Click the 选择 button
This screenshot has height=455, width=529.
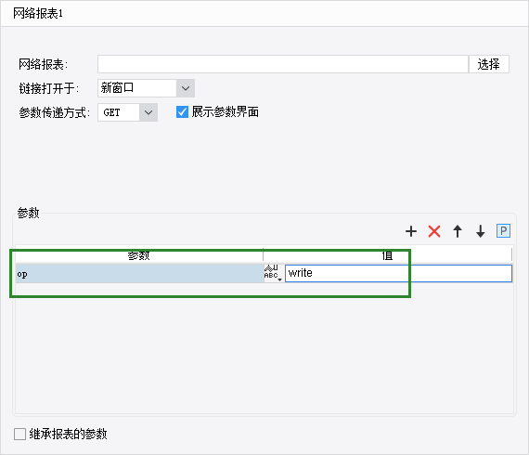[488, 64]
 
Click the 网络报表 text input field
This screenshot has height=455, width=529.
[283, 64]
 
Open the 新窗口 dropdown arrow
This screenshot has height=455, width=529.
[186, 88]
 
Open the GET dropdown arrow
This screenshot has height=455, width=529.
[148, 112]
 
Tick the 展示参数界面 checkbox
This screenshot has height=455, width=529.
[182, 111]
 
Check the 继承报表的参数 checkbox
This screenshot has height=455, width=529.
[19, 434]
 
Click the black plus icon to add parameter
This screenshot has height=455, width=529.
[411, 231]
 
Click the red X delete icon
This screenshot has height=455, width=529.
[434, 231]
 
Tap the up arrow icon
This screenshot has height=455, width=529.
[458, 231]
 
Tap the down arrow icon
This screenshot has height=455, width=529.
[481, 231]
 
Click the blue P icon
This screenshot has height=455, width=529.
[503, 231]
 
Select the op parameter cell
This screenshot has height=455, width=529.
[139, 273]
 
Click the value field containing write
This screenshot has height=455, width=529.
[398, 273]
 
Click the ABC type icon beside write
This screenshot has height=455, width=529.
[273, 273]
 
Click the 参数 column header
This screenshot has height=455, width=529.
[139, 255]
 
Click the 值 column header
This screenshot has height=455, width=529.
[387, 255]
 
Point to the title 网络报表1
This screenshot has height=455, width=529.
[38, 14]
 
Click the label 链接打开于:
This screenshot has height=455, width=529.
[49, 88]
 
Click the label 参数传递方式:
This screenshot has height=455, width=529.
[55, 112]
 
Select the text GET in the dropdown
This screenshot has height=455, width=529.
[111, 112]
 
